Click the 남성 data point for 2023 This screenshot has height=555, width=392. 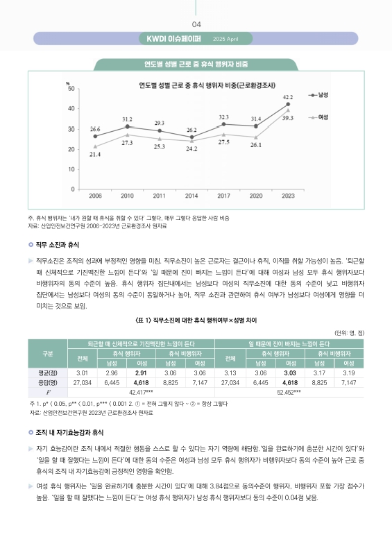[288, 104]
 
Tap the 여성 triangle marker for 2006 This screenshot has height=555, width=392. [95, 146]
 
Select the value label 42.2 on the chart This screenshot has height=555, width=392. [288, 96]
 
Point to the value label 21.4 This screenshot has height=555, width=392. [95, 154]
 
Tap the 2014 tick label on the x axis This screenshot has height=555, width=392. [191, 196]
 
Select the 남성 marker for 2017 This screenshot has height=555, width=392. [223, 124]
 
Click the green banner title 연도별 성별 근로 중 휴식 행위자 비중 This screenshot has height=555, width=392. [196, 65]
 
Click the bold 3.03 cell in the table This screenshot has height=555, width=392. [291, 373]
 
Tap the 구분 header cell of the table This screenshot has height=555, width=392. [47, 354]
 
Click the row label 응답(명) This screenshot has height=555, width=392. [47, 382]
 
